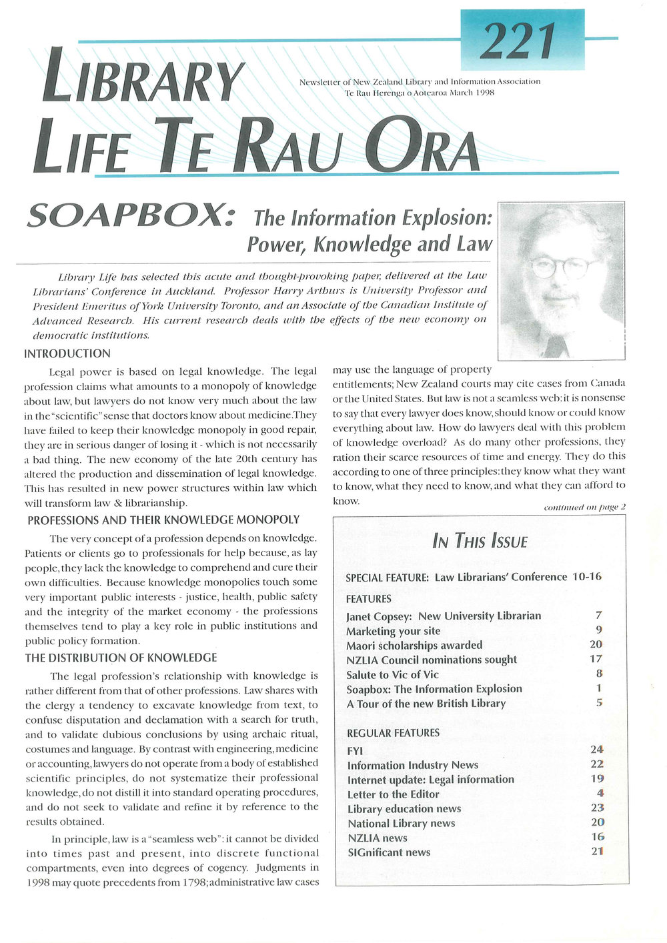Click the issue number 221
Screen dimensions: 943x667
[x=521, y=41]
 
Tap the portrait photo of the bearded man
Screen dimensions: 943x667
[x=562, y=281]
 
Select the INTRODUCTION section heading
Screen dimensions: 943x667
[x=67, y=353]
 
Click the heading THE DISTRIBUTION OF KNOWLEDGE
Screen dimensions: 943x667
[x=121, y=658]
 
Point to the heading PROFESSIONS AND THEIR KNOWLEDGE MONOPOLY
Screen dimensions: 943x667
[x=163, y=520]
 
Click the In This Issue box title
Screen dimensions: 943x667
[x=480, y=540]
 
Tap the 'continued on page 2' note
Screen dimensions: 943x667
[x=585, y=507]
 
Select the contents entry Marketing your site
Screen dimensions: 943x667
[x=393, y=630]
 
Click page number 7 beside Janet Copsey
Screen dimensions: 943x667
[x=599, y=616]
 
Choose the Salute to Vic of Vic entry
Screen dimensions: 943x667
[x=392, y=674]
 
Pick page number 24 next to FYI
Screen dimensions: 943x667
[x=596, y=750]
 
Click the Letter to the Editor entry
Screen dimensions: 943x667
[x=393, y=794]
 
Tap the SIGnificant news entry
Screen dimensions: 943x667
[x=389, y=852]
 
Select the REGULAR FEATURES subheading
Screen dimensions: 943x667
[x=393, y=733]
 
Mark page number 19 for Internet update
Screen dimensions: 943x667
[x=597, y=779]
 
